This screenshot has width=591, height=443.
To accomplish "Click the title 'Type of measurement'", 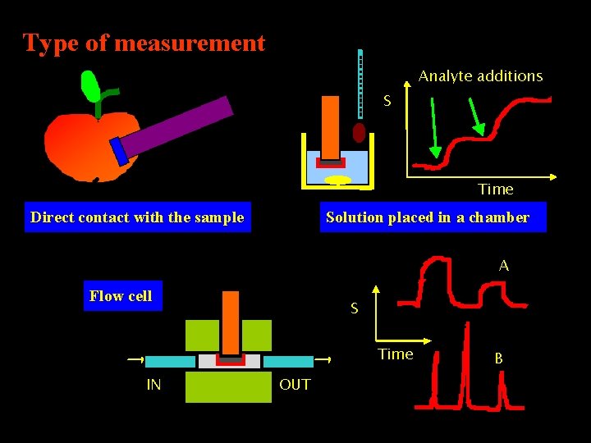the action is [x=144, y=43].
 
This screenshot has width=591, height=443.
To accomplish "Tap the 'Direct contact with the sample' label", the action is [x=137, y=217].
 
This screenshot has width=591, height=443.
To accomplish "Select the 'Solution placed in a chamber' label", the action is [x=428, y=217].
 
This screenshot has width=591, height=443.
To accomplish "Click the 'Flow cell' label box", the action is [x=121, y=296].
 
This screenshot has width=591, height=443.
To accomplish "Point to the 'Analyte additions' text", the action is [x=480, y=76].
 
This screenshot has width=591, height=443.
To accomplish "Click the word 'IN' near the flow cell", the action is [x=153, y=384].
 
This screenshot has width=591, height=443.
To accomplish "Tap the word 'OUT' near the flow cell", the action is [x=295, y=384].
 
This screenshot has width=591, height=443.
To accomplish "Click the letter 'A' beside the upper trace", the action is [x=504, y=266].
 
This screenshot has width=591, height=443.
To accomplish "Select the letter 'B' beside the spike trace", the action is [x=498, y=358].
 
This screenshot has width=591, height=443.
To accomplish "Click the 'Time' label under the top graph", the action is [x=496, y=190].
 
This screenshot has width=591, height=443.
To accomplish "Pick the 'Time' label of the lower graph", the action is [x=396, y=354].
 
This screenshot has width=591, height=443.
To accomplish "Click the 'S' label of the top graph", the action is [x=388, y=103].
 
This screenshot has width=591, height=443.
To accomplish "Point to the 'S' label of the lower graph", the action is [x=354, y=309].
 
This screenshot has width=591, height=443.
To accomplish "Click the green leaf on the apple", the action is [x=90, y=86].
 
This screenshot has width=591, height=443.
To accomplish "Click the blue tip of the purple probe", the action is [x=120, y=151].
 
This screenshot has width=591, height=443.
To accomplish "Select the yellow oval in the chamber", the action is [x=337, y=180].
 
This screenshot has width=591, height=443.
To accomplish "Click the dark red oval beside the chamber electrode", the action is [x=359, y=133].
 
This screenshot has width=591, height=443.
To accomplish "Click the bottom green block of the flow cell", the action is [x=228, y=387].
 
